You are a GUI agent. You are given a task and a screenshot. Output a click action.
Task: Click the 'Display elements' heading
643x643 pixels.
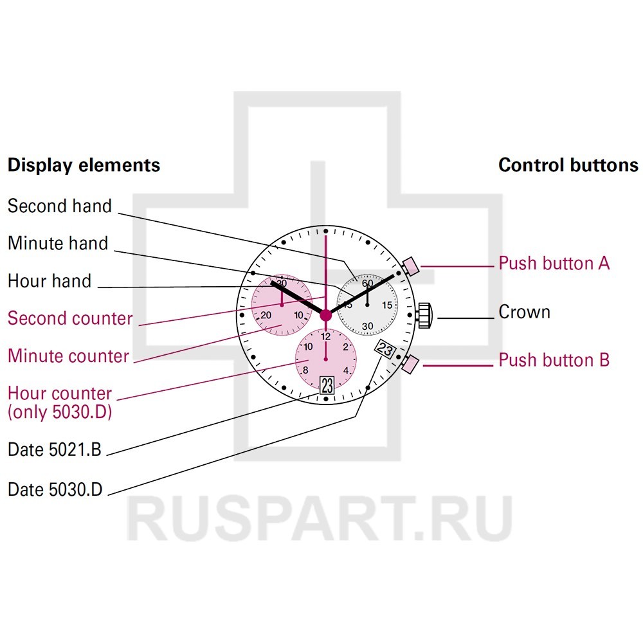(84, 165)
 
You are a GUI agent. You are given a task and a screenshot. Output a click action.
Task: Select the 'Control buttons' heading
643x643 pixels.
(568, 165)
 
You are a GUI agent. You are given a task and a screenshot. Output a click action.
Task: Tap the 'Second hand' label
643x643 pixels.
(60, 206)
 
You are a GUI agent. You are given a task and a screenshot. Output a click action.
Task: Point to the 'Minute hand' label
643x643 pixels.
(58, 243)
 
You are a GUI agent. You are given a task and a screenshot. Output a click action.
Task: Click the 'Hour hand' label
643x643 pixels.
(50, 281)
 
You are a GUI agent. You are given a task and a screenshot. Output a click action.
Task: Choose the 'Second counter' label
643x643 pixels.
(70, 318)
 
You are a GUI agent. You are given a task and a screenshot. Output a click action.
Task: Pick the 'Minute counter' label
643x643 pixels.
(68, 356)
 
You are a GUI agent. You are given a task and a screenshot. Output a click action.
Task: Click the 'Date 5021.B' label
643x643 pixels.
(55, 450)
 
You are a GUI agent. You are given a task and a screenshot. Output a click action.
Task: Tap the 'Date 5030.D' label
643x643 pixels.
(55, 489)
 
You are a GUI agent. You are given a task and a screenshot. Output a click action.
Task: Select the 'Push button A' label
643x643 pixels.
(554, 263)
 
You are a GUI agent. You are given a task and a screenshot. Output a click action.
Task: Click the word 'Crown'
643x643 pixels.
(525, 312)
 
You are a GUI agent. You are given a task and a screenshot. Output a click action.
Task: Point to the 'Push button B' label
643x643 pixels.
(554, 360)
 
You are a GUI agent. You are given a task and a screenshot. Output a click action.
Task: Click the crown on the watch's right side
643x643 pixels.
(426, 315)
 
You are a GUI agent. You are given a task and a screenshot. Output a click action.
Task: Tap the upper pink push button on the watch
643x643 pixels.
(410, 265)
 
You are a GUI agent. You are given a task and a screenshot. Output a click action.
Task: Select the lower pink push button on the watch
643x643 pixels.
(410, 365)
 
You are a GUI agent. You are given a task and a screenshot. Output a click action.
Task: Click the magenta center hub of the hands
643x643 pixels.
(326, 314)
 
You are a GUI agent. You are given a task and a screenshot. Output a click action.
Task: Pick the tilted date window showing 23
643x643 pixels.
(385, 350)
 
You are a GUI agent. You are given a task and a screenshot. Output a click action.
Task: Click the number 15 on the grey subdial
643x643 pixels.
(387, 305)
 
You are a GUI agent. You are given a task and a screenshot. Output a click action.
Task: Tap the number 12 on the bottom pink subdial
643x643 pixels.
(326, 336)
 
